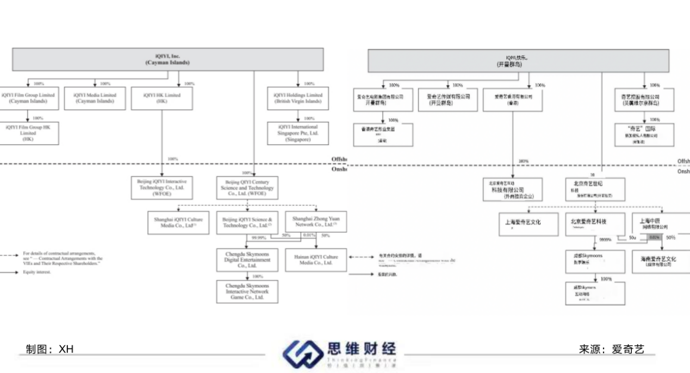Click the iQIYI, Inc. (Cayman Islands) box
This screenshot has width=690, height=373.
click(167, 59)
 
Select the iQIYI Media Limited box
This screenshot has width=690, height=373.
click(95, 98)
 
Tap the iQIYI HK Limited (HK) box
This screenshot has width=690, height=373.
click(161, 98)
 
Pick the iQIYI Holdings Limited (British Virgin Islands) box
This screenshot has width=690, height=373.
click(298, 98)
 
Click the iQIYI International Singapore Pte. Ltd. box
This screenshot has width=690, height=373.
click(298, 133)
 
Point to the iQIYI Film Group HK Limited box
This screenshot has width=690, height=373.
click(28, 133)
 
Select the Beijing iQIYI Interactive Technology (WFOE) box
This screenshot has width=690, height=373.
click(162, 188)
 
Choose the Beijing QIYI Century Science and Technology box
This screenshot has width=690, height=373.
click(247, 188)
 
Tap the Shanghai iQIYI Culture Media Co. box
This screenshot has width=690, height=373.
click(179, 222)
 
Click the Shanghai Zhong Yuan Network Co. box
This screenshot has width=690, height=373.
click(316, 222)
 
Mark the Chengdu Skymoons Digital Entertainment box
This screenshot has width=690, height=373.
click(247, 260)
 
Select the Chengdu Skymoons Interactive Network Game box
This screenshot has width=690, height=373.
click(247, 292)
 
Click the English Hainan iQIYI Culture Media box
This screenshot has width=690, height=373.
click(316, 260)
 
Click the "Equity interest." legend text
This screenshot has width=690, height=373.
click(37, 272)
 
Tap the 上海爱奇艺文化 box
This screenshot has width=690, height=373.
click(529, 223)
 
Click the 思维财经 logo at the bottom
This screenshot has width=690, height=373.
click(340, 353)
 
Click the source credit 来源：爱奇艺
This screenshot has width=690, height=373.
click(612, 349)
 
